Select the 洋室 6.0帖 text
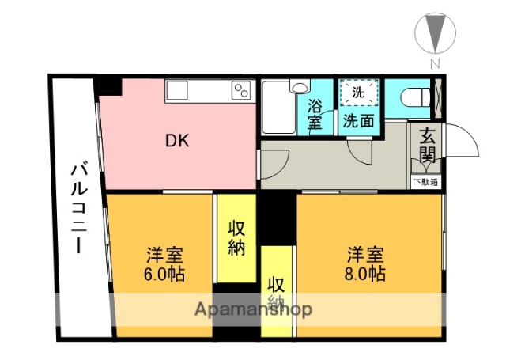click(x=164, y=265)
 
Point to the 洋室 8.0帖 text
click(x=365, y=264)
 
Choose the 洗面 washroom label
click(x=357, y=121)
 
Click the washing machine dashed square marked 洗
click(x=358, y=93)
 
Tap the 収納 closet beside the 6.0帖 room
click(x=236, y=237)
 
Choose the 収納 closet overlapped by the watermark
click(x=276, y=293)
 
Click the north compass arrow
click(x=434, y=33)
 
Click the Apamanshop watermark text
click(x=252, y=309)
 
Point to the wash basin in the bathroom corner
click(x=300, y=88)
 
